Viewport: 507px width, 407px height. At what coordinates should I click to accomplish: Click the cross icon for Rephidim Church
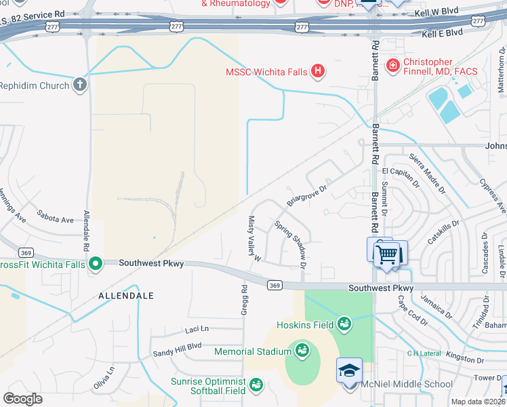pyautogui.click(x=80, y=85)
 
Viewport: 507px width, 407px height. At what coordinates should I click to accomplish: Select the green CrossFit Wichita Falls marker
pyautogui.click(x=96, y=263)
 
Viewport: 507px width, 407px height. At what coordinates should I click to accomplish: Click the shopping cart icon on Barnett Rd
pyautogui.click(x=388, y=255)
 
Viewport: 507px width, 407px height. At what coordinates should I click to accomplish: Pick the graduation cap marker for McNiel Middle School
pyautogui.click(x=350, y=371)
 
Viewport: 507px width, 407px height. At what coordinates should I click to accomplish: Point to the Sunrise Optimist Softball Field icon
pyautogui.click(x=256, y=385)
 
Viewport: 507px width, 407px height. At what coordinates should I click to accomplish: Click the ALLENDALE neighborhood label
pyautogui.click(x=126, y=296)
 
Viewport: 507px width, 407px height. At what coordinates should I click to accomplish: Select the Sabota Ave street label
pyautogui.click(x=55, y=220)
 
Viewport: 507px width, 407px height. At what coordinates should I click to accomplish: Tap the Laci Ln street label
pyautogui.click(x=197, y=330)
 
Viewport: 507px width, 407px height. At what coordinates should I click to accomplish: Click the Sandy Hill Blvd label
pyautogui.click(x=177, y=345)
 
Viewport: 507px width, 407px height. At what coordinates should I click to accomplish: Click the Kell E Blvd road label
pyautogui.click(x=442, y=33)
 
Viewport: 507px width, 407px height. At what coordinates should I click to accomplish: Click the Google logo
pyautogui.click(x=23, y=398)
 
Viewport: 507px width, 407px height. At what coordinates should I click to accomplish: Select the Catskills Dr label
pyautogui.click(x=444, y=231)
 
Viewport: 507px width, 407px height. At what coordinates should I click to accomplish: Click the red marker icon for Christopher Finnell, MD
pyautogui.click(x=392, y=65)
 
